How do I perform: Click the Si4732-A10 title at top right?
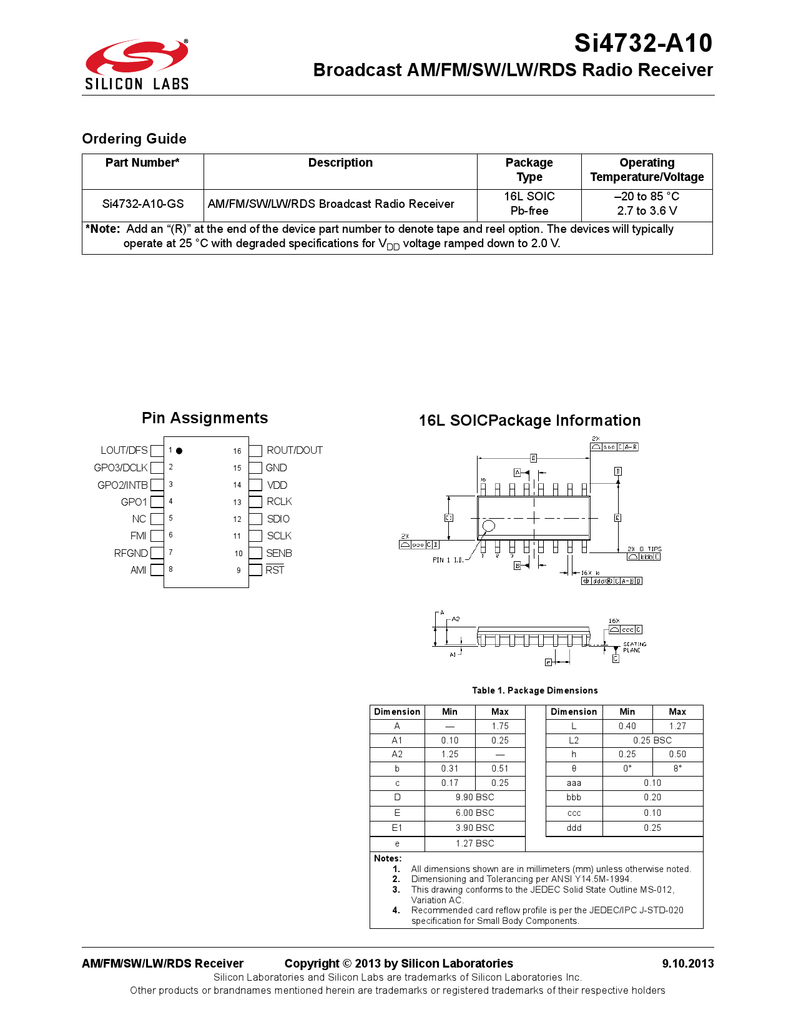point(642,43)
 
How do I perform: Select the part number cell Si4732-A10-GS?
point(143,204)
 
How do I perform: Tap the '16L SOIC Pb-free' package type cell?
point(529,204)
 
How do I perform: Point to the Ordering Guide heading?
point(134,139)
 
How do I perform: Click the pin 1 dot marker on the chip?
point(179,451)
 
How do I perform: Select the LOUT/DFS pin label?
point(124,450)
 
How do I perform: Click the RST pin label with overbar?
point(275,570)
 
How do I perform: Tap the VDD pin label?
point(277,485)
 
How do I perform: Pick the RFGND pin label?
point(130,553)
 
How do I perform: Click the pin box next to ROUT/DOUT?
point(255,451)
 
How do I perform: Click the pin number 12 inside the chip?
point(237,519)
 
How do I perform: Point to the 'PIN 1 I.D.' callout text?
point(448,560)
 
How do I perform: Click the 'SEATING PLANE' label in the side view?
point(634,647)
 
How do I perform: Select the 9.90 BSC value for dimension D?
point(474,797)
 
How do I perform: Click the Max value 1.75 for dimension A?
point(499,726)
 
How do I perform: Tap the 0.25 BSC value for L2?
point(652,740)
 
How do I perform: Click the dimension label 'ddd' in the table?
point(574,828)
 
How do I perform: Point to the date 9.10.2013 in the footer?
point(687,963)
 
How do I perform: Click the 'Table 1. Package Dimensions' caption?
point(534,690)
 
